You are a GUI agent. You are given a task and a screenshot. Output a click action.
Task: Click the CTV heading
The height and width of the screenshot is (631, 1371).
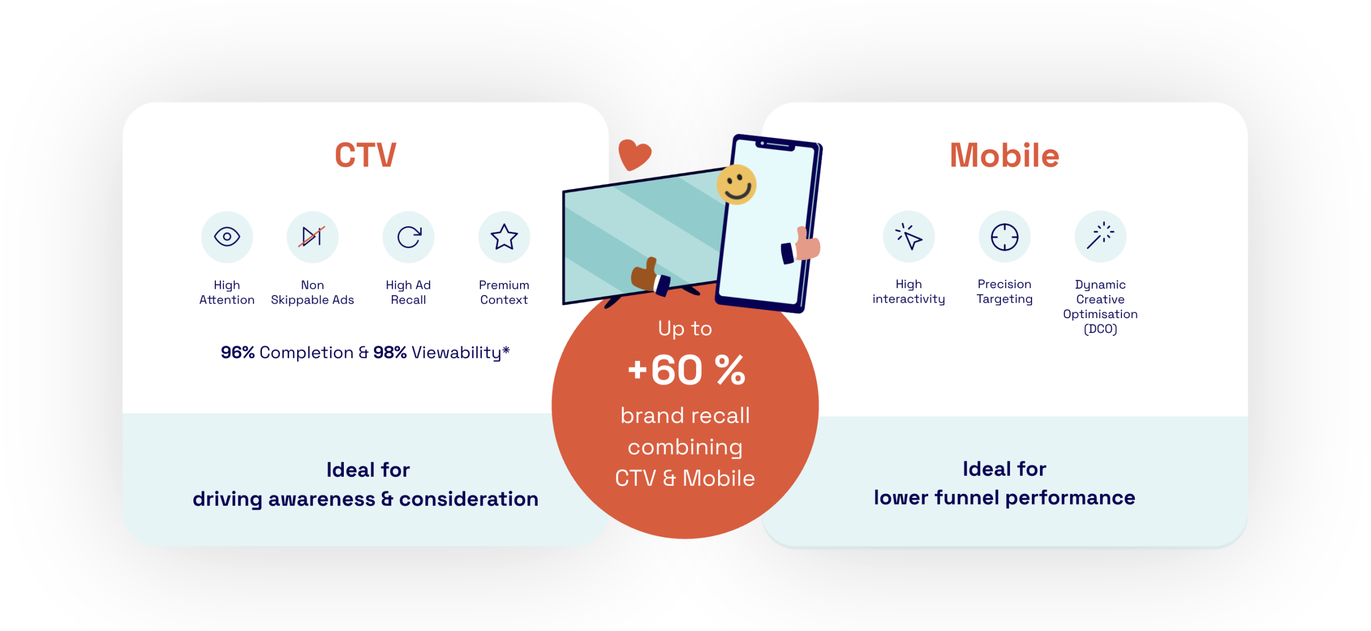tap(365, 155)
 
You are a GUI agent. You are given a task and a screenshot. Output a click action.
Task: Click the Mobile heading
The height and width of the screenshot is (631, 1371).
tap(1004, 155)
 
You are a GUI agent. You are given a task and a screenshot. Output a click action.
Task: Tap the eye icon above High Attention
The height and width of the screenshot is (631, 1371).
tap(227, 237)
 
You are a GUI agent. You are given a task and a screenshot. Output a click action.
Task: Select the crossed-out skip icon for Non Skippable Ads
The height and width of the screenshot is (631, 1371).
tap(313, 237)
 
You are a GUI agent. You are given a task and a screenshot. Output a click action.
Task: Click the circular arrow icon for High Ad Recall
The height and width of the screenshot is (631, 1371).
tap(409, 237)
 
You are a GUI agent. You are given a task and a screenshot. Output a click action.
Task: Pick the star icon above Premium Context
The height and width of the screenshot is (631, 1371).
tap(504, 237)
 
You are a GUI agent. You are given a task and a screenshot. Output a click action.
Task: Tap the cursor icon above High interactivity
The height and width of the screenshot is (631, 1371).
tap(909, 237)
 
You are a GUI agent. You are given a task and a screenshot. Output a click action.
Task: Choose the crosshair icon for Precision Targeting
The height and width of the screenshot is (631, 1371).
tap(1005, 237)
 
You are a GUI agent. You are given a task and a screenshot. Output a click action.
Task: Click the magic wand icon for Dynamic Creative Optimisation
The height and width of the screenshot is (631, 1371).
tap(1100, 236)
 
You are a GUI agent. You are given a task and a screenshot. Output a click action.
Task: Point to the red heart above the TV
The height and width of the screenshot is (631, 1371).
tap(634, 154)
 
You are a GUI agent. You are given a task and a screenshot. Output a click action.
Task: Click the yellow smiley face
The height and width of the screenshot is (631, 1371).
tap(736, 185)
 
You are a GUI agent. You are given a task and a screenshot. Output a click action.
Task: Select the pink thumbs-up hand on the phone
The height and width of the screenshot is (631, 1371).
tap(801, 245)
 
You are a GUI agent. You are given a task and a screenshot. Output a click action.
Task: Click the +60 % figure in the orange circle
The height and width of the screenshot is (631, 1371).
tap(686, 370)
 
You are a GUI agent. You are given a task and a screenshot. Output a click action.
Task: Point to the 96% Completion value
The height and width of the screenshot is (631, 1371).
tap(287, 352)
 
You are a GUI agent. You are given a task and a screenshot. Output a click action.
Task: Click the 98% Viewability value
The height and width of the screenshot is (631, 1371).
tap(441, 352)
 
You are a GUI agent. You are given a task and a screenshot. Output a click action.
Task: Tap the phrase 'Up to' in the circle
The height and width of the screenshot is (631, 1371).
tap(685, 328)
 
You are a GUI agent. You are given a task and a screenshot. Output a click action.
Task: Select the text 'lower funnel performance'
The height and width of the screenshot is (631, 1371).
tap(1004, 498)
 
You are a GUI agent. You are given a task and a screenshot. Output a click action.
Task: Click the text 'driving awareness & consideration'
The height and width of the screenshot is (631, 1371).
tap(366, 499)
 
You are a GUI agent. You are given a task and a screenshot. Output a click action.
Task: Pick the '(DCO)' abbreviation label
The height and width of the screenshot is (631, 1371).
tap(1101, 329)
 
